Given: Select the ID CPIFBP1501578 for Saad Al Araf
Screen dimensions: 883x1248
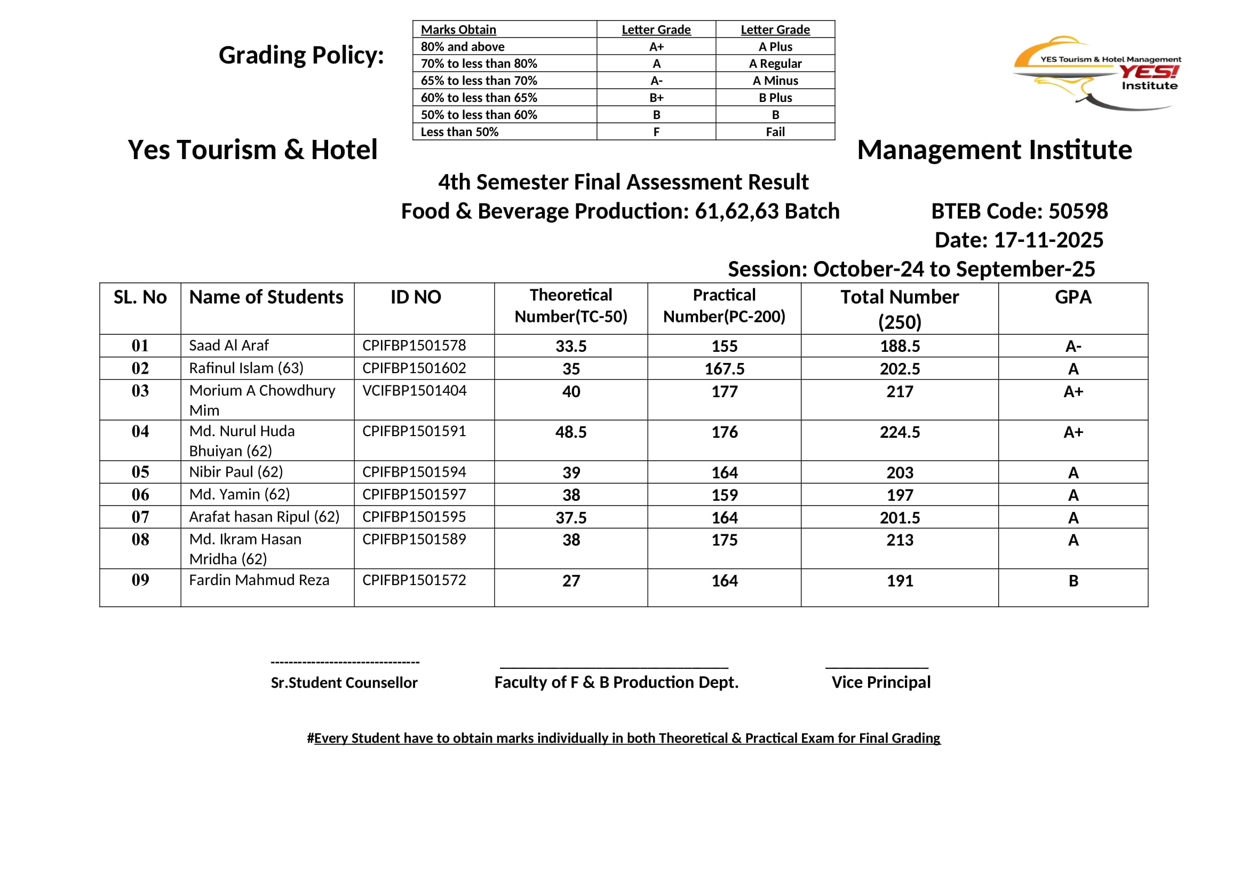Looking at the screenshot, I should [x=414, y=346].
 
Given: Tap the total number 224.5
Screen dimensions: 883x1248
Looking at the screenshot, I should [x=900, y=432].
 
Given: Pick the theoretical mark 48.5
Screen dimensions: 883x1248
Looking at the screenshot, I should [x=571, y=432].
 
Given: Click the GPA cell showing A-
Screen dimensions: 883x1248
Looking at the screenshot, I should [x=1073, y=346].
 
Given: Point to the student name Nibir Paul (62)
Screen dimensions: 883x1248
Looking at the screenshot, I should [x=236, y=472].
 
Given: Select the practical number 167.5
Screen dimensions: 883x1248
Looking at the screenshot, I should [x=725, y=369].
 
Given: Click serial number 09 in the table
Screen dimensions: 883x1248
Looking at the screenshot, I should [x=140, y=580].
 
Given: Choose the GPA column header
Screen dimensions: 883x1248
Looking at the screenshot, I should [x=1073, y=297].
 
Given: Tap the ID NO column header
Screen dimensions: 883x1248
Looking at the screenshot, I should [x=416, y=297].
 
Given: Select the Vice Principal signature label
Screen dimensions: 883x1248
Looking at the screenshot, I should [x=880, y=682].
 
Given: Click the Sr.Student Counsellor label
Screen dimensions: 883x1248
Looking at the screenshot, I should [x=344, y=683].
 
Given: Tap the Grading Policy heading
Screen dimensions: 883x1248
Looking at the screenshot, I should [x=301, y=56].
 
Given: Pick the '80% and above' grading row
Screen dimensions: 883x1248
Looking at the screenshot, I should [x=463, y=47].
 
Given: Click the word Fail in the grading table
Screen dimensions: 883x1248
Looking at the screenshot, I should [x=775, y=132].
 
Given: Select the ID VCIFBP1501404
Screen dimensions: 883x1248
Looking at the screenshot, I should [x=414, y=391].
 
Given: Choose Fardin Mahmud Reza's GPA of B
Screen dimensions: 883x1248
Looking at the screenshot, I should [x=1073, y=581].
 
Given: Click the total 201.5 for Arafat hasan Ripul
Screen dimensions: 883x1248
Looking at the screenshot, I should [x=900, y=518].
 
